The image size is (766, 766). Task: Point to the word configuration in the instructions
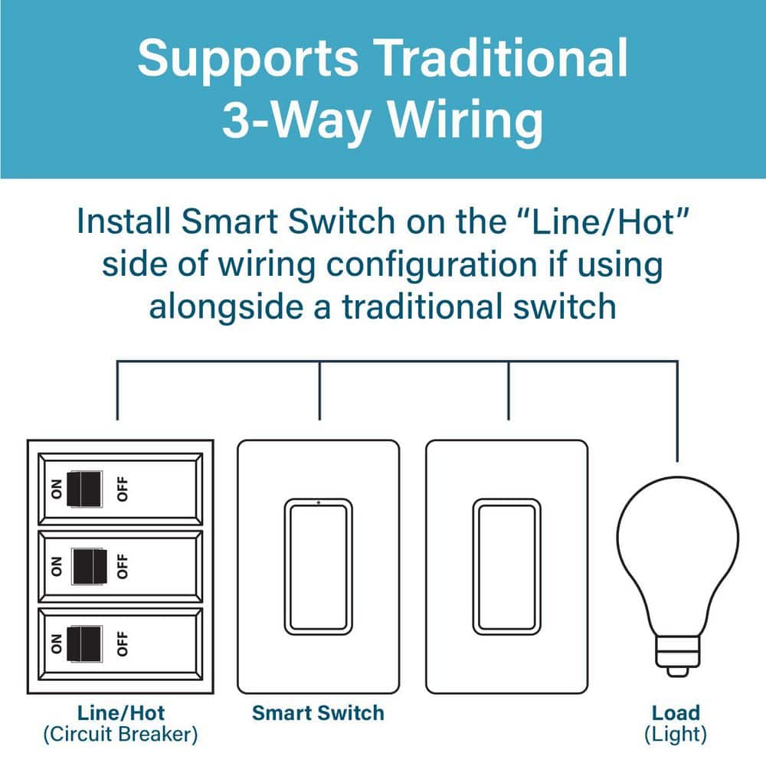coord(432,266)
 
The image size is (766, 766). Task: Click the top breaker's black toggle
coord(84,489)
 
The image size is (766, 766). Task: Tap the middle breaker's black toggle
coord(90,566)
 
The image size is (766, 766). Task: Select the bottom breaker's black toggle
coord(84,643)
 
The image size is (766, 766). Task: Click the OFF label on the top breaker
coord(122,489)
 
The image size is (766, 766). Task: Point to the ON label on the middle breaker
coord(57,566)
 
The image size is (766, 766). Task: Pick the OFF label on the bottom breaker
coord(122,643)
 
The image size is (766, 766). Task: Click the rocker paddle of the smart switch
coord(319,567)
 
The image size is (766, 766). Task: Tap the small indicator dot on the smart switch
coord(319,502)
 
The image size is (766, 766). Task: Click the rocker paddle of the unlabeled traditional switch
coord(506,567)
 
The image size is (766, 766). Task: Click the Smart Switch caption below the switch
coord(318,712)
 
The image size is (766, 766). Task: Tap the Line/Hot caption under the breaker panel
coord(121,712)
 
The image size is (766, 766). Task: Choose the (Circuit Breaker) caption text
coord(121,735)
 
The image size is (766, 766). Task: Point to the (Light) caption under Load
coord(676,735)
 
